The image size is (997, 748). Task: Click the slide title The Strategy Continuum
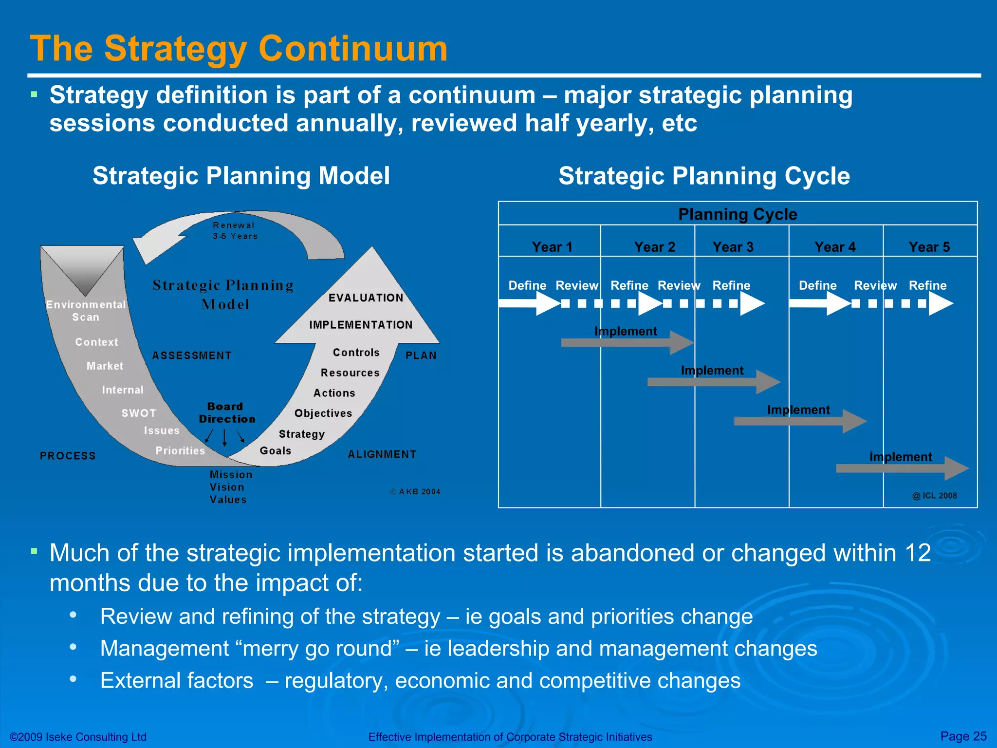tap(239, 49)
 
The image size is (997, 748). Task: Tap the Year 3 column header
tap(733, 247)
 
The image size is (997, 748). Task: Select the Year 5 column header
tap(929, 247)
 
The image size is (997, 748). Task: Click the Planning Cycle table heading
tap(738, 214)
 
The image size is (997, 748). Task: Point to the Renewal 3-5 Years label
tap(234, 231)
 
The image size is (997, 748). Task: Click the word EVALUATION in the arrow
tap(366, 298)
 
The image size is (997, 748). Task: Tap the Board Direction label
tap(226, 412)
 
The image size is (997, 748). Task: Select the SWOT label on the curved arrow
tap(139, 413)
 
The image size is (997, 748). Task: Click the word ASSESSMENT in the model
tap(192, 355)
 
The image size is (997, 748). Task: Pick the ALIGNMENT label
tap(382, 454)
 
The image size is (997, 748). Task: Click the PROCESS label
tap(68, 456)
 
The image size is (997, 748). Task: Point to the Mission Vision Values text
tap(229, 487)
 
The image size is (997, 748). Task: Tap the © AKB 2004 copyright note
tap(415, 492)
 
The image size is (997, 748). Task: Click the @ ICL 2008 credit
tap(934, 496)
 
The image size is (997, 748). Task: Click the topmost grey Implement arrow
tap(626, 342)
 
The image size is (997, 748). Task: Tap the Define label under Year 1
tap(527, 285)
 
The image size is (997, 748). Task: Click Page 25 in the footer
tap(963, 736)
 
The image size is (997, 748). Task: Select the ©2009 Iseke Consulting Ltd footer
tap(78, 737)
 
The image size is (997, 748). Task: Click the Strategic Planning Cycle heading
tap(704, 176)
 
